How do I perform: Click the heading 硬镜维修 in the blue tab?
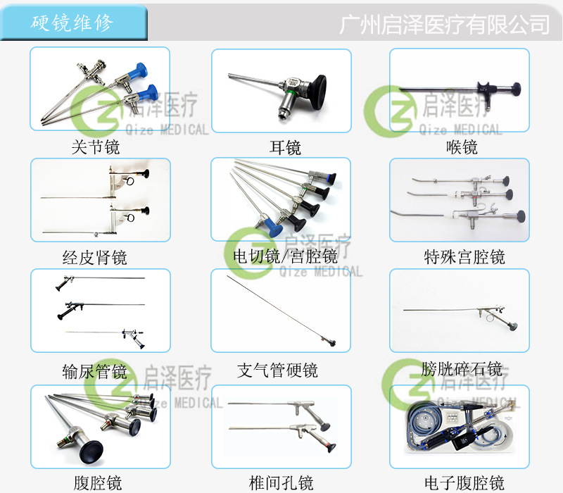tap(72, 22)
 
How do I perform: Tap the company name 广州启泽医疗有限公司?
tap(443, 25)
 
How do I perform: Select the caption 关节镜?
tap(96, 147)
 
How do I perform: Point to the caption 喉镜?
tap(462, 147)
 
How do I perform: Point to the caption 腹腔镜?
tap(97, 482)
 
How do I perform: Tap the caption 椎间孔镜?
tap(281, 482)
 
